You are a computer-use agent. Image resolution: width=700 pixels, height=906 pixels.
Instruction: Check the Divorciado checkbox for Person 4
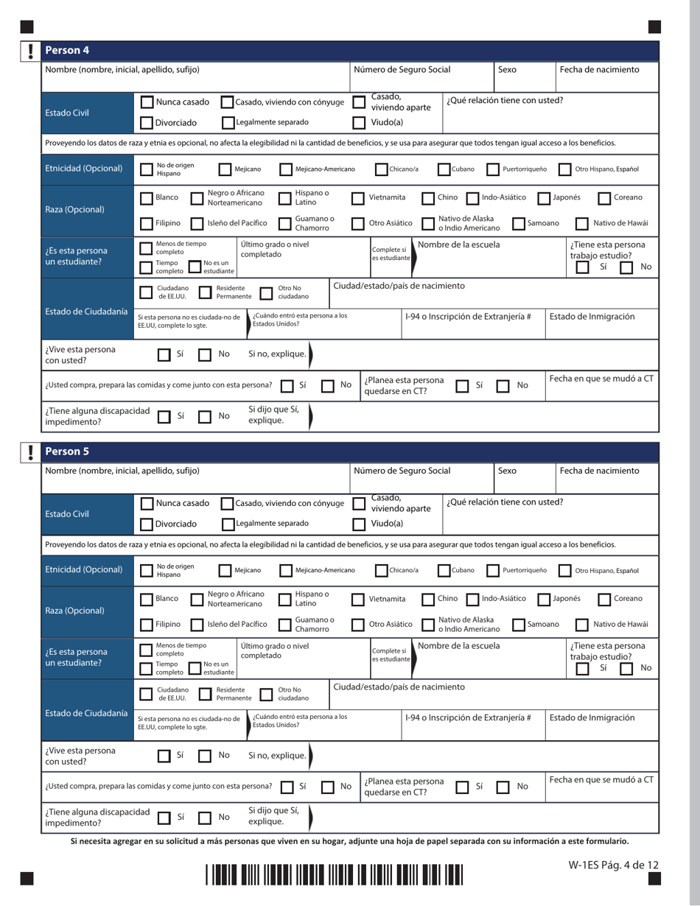coord(147,123)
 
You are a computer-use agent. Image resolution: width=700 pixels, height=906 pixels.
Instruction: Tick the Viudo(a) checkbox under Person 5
coord(359,524)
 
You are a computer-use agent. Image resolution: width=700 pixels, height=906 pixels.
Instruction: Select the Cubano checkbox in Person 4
coord(444,169)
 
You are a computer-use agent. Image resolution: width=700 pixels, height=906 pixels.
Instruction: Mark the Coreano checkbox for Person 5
coord(604,599)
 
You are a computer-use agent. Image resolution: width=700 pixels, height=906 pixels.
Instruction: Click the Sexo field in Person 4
coord(523,80)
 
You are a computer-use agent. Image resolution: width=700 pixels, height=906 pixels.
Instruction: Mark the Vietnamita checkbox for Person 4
coord(359,198)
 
